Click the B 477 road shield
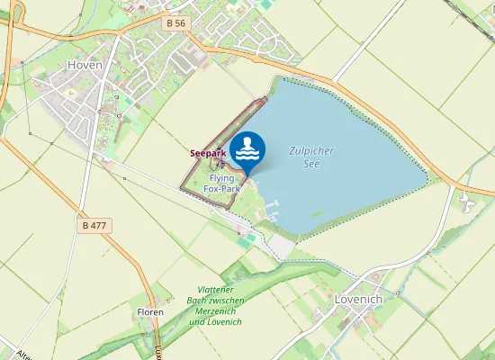(x=94, y=225)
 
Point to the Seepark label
(x=207, y=153)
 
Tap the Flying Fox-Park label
(x=220, y=184)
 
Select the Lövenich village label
(x=358, y=298)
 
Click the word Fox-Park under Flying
(x=220, y=189)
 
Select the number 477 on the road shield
(x=99, y=225)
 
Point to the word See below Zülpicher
(x=311, y=164)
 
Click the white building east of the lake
(x=466, y=203)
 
